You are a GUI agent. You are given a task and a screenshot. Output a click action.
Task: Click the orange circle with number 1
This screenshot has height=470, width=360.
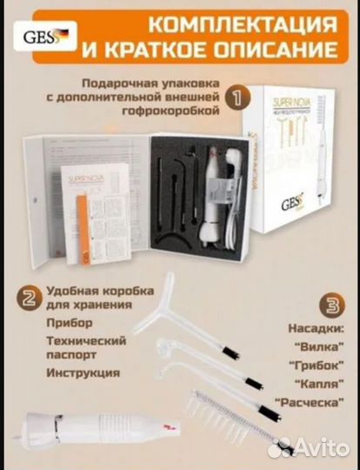232,99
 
